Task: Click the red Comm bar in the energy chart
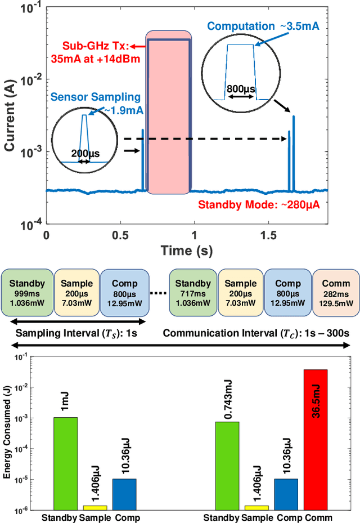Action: click(315, 439)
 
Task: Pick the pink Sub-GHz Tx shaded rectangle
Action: click(168, 113)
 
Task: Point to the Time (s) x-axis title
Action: click(187, 251)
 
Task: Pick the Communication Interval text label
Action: click(256, 333)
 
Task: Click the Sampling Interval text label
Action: click(79, 333)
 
